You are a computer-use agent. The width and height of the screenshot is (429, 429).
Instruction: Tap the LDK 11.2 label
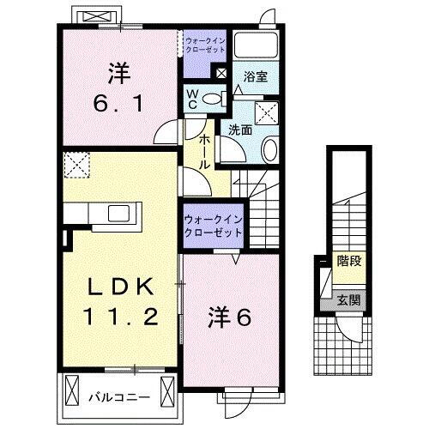point(119,301)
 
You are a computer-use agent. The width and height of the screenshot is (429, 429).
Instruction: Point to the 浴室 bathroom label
point(255,76)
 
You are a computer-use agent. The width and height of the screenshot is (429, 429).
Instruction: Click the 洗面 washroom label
point(239,130)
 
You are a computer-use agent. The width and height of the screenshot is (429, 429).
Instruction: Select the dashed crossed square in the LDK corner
point(76,163)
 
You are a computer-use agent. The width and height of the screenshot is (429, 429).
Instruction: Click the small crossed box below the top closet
point(222,74)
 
